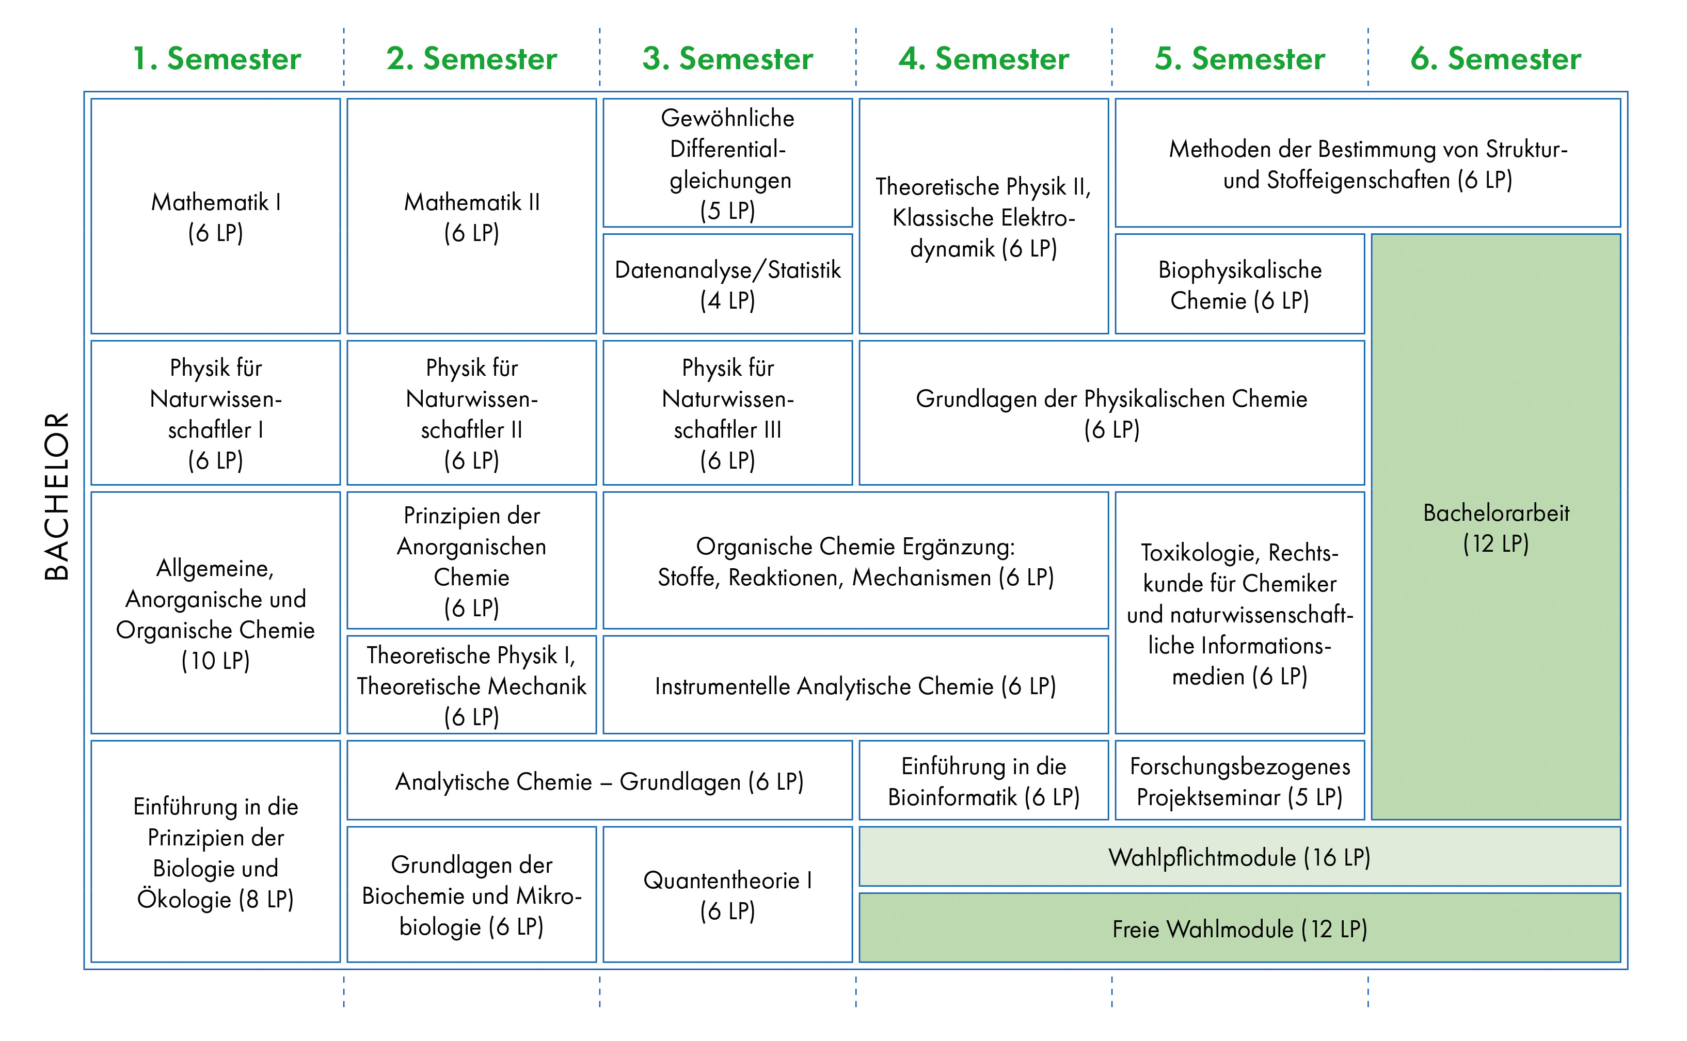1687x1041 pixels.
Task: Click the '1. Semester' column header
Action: [x=216, y=58]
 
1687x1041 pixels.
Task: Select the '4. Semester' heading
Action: [x=983, y=58]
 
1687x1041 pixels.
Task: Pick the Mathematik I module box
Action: [x=216, y=216]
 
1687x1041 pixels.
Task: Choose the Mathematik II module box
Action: [x=472, y=216]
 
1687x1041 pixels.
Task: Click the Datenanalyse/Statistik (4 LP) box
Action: [x=727, y=284]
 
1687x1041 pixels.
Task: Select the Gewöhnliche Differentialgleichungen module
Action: [x=727, y=163]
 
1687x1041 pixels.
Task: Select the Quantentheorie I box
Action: [x=727, y=894]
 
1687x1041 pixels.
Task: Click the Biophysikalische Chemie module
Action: [x=1239, y=284]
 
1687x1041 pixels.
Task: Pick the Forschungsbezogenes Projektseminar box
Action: [x=1239, y=781]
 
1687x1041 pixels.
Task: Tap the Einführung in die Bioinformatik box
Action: [x=983, y=781]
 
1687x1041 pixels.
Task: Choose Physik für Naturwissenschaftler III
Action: [x=727, y=413]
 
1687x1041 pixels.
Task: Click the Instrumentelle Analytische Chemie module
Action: [x=855, y=686]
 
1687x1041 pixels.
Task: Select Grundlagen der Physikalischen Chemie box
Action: [x=1111, y=413]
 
